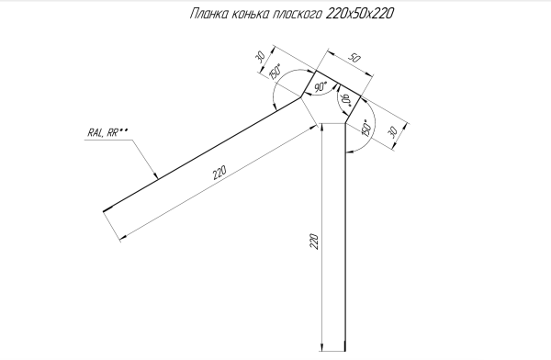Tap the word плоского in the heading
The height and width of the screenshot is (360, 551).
point(297,15)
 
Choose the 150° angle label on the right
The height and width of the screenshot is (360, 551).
point(366,128)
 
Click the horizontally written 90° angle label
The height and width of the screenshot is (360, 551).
point(320,88)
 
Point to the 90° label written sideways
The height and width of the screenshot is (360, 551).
point(346,99)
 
